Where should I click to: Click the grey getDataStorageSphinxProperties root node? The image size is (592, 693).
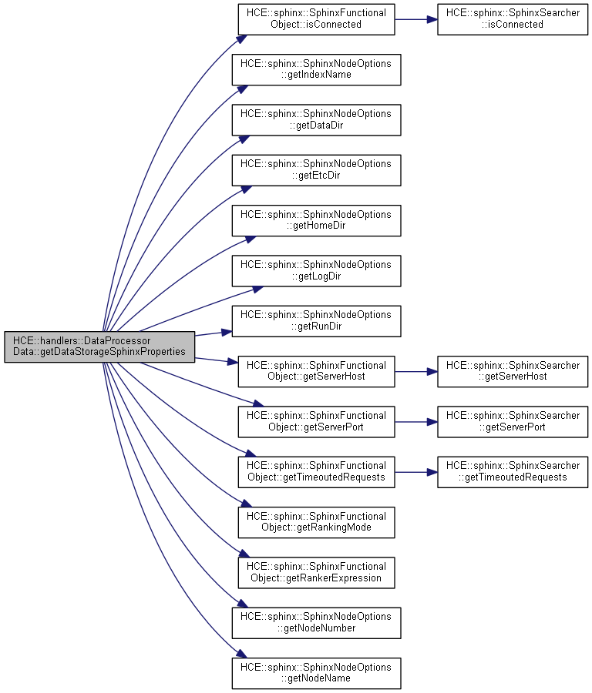pyautogui.click(x=99, y=346)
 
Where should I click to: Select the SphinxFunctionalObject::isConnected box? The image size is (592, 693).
pyautogui.click(x=316, y=18)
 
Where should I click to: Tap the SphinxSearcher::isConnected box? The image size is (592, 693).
pyautogui.click(x=513, y=18)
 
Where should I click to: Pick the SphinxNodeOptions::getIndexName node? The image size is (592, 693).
pyautogui.click(x=316, y=69)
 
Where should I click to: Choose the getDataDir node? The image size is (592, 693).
pyautogui.click(x=316, y=119)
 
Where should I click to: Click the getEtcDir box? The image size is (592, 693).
pyautogui.click(x=316, y=169)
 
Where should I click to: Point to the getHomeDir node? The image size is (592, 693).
pyautogui.click(x=316, y=220)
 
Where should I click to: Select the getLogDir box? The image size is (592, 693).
pyautogui.click(x=316, y=270)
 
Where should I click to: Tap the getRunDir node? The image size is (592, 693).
pyautogui.click(x=316, y=320)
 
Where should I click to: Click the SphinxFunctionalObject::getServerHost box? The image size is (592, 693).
pyautogui.click(x=316, y=371)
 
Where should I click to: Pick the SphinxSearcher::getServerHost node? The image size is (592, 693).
pyautogui.click(x=513, y=371)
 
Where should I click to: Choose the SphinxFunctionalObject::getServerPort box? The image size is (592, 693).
pyautogui.click(x=316, y=421)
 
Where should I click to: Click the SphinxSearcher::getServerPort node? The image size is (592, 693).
pyautogui.click(x=513, y=421)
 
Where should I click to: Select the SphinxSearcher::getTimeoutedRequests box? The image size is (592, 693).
pyautogui.click(x=513, y=471)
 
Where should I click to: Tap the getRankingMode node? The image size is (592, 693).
pyautogui.click(x=316, y=522)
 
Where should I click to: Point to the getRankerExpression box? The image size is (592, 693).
pyautogui.click(x=316, y=572)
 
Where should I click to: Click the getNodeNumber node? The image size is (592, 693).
pyautogui.click(x=316, y=622)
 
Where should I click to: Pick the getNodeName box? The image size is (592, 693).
pyautogui.click(x=316, y=672)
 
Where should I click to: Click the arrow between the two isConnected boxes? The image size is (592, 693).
pyautogui.click(x=416, y=18)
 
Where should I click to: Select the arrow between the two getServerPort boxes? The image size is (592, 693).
pyautogui.click(x=416, y=421)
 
